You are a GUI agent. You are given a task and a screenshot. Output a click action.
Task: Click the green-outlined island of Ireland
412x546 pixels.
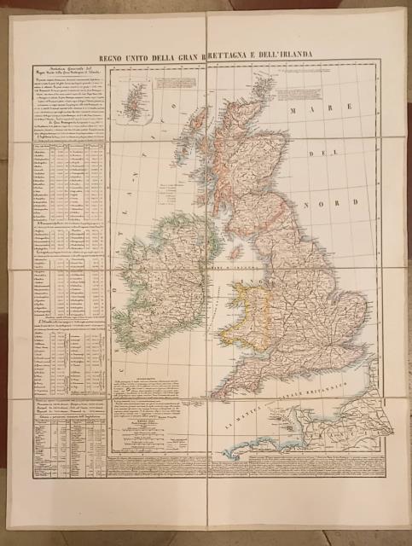(162, 273)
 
